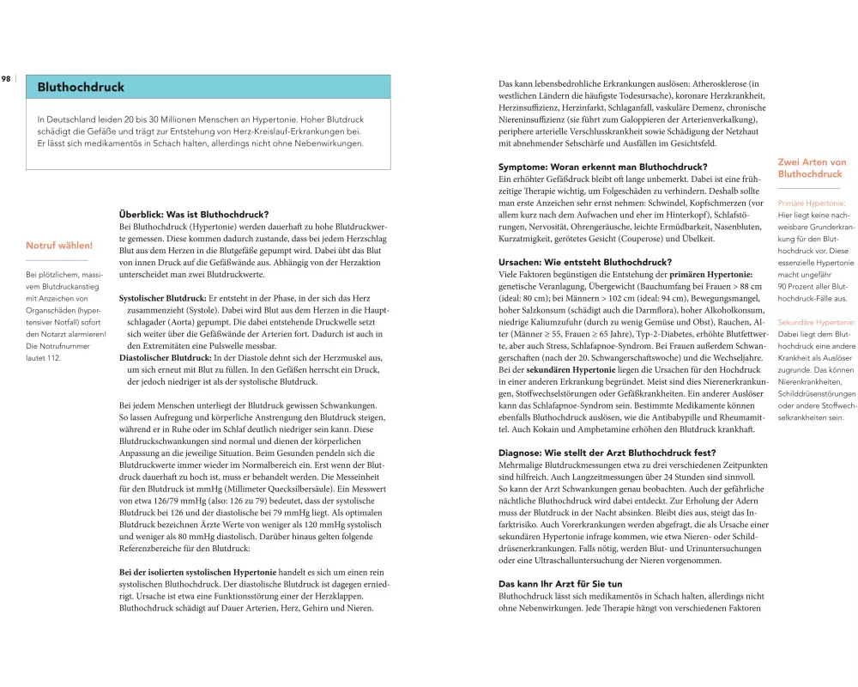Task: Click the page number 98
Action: [x=6, y=78]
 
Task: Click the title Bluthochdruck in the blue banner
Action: [x=81, y=88]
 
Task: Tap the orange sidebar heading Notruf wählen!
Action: [x=59, y=246]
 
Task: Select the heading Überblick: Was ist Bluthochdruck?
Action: [x=194, y=214]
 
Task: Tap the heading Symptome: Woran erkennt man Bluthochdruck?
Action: [x=603, y=167]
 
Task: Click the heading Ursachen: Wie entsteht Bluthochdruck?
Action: [x=585, y=262]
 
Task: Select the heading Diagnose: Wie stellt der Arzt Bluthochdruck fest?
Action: [x=607, y=453]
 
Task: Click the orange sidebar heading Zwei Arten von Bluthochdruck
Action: [x=811, y=168]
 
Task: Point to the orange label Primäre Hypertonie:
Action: [x=812, y=204]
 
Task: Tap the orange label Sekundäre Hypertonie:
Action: [x=815, y=322]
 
